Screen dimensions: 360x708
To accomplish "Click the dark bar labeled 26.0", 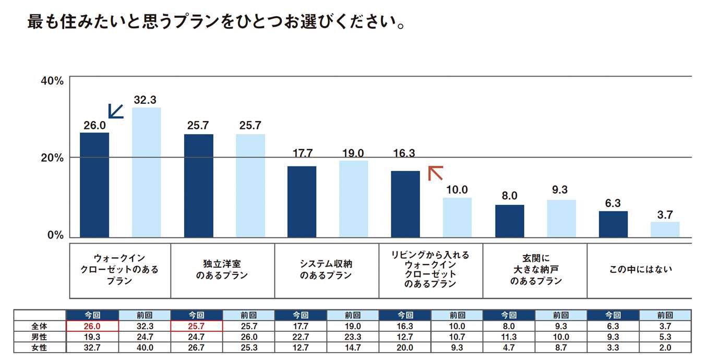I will click(94, 185).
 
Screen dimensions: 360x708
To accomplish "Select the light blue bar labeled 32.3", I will click(146, 172).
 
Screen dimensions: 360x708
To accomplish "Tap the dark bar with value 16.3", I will click(405, 204).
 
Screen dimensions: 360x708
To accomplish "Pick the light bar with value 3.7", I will click(665, 230).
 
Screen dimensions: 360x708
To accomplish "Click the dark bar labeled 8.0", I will click(509, 221).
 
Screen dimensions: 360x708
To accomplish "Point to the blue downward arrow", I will click(115, 111).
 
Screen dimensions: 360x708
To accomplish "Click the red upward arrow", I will click(435, 173).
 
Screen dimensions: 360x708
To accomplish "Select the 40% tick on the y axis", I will click(52, 81).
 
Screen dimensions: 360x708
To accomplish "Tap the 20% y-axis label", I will click(52, 158).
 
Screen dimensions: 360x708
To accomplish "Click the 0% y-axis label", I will click(55, 235).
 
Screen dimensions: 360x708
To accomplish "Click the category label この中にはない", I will click(641, 270).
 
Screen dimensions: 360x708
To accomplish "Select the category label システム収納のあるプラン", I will click(326, 270).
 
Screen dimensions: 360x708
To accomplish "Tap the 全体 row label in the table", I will click(40, 326).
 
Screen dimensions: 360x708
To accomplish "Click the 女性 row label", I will click(40, 347).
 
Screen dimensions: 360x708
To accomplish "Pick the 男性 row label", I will click(40, 337).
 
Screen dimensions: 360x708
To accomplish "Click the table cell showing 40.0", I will click(145, 347).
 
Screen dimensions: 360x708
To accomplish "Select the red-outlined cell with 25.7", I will click(197, 326).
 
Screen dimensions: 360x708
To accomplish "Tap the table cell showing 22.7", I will click(301, 337).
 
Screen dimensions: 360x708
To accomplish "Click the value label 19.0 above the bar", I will click(354, 153).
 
